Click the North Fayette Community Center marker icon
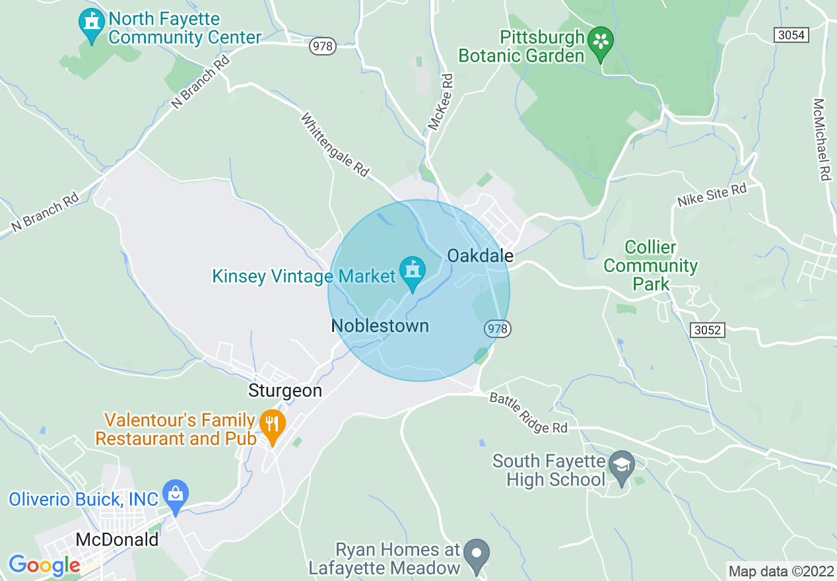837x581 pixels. tap(91, 24)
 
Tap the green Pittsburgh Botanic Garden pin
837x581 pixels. tap(601, 42)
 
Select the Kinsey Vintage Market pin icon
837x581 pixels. tap(413, 273)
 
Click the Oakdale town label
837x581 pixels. tap(480, 256)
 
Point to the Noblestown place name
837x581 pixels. tap(380, 326)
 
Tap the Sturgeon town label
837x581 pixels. tap(285, 391)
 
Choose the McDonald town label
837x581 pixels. tap(117, 539)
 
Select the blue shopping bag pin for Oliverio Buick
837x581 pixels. tap(176, 495)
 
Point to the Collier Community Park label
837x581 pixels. tap(651, 266)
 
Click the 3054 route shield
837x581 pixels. tap(791, 35)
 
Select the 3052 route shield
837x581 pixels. tap(708, 329)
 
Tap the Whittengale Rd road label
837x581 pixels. tap(335, 145)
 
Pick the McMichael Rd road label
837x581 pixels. tap(820, 140)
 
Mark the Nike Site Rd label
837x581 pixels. tap(712, 195)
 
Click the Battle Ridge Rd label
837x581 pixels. tap(528, 413)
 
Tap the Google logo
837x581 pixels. tap(44, 565)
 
